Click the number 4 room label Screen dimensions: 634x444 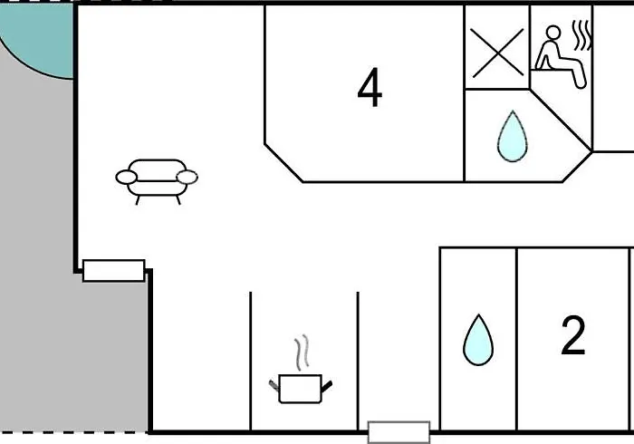click(x=370, y=88)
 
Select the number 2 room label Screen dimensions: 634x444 click(x=573, y=335)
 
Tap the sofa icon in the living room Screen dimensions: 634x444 click(x=157, y=181)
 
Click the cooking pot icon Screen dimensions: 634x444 click(x=301, y=388)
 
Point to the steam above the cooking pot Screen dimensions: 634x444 click(x=302, y=352)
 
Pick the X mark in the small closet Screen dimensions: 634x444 click(x=497, y=53)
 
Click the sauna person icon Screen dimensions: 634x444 click(x=561, y=56)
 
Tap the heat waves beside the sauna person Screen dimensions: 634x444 click(x=582, y=35)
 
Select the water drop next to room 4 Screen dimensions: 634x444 click(x=513, y=136)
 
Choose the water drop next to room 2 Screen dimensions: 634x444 click(x=478, y=340)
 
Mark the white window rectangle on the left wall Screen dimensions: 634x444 click(x=113, y=271)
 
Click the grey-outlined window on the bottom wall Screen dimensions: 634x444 click(x=399, y=432)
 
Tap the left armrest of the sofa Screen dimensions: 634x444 click(x=127, y=177)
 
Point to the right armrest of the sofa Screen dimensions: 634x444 click(x=187, y=177)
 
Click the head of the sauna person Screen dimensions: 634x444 click(x=553, y=32)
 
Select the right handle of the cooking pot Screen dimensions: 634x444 click(x=327, y=386)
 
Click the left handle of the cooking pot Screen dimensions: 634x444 click(x=274, y=386)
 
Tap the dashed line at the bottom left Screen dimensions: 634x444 click(x=73, y=433)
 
